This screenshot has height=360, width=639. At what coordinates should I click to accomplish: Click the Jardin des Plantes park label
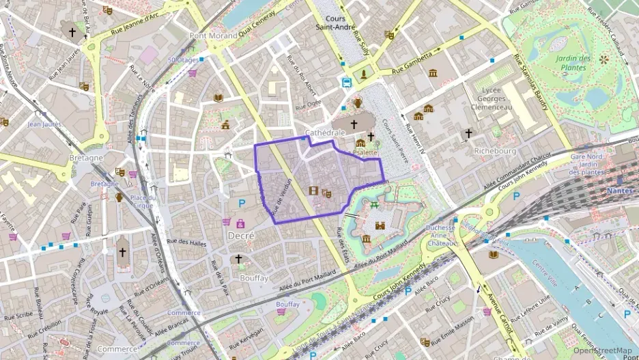coord(571,63)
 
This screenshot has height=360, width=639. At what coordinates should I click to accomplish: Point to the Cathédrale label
coord(322,133)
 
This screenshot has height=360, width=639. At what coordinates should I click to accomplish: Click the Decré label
coord(240,235)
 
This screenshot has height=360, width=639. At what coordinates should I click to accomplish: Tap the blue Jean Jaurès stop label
coord(44,124)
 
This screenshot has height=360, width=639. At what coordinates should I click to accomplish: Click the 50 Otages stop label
coord(182,60)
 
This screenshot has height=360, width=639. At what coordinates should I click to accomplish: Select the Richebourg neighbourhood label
coord(477,151)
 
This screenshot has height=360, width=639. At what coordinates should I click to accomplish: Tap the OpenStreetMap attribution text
coord(602,350)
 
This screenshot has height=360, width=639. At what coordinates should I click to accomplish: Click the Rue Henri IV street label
coord(414,137)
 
